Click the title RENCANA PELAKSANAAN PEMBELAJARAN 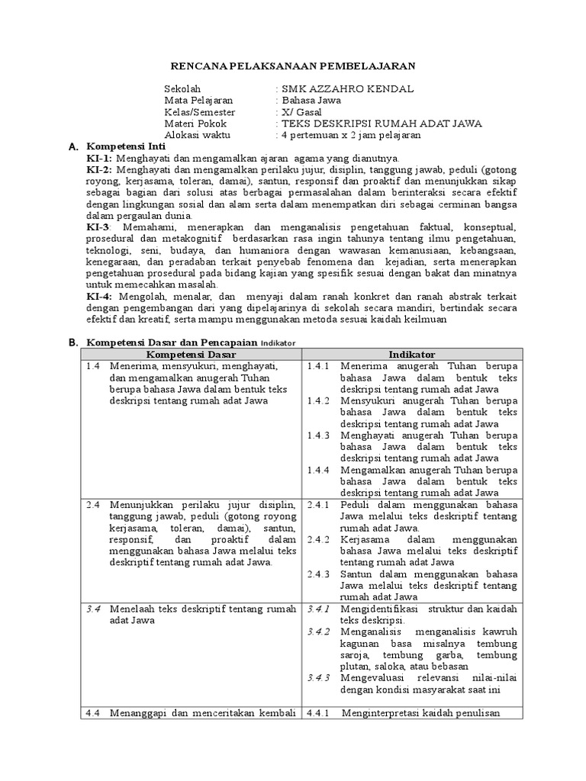pos(293,67)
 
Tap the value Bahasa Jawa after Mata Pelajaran pos(311,101)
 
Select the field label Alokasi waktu pos(196,135)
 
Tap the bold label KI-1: pos(99,158)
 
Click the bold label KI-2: pos(99,169)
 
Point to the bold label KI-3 pos(98,227)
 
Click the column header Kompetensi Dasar pos(191,355)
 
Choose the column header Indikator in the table pos(412,355)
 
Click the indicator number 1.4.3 pos(318,435)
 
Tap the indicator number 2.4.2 pos(318,539)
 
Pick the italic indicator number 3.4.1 pos(318,609)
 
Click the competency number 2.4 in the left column pos(93,504)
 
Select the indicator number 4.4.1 pos(318,714)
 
